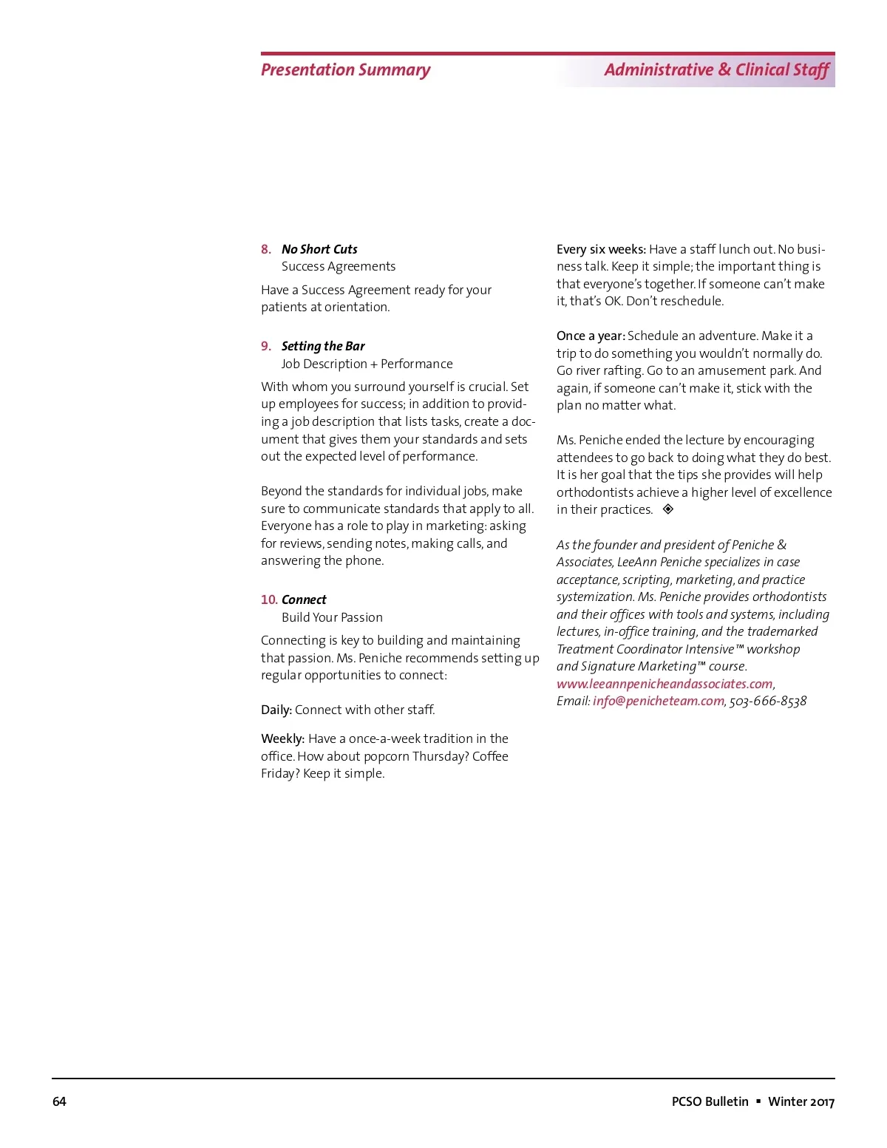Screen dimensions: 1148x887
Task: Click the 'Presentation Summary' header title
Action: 345,70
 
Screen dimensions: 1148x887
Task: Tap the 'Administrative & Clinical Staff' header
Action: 716,70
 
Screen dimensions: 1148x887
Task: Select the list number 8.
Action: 266,250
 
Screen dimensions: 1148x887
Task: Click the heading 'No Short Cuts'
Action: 319,250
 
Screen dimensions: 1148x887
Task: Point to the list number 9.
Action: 266,347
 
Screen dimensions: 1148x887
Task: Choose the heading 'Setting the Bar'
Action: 323,347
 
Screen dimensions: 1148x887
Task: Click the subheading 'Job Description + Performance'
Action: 367,364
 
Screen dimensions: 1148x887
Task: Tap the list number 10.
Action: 269,600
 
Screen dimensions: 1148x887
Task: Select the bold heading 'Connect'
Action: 304,600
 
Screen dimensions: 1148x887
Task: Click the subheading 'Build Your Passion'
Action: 332,618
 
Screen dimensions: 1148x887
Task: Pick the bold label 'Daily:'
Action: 276,710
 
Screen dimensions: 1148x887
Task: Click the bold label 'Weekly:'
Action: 282,739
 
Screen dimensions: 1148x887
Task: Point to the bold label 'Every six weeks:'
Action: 601,250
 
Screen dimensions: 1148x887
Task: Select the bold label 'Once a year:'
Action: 591,336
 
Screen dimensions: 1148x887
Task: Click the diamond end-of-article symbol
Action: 668,509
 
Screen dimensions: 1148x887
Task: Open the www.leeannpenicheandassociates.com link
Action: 665,685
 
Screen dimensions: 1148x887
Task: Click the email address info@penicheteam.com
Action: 658,702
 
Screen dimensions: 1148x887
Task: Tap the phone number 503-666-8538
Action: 768,702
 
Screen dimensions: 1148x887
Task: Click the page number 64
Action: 59,1101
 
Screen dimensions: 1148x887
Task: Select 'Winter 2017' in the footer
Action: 801,1101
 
